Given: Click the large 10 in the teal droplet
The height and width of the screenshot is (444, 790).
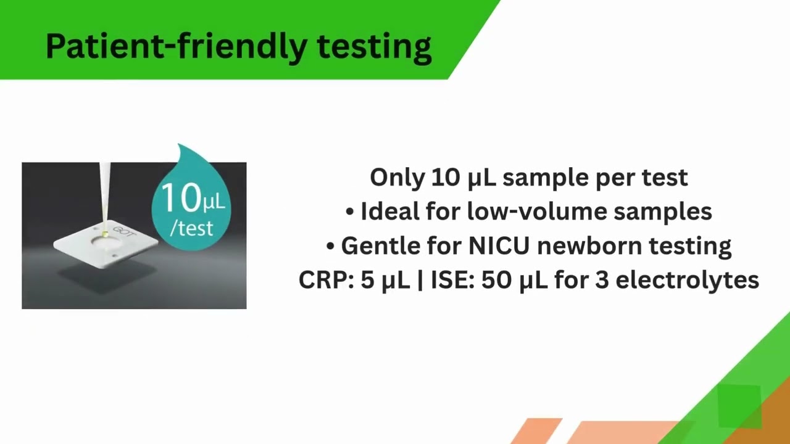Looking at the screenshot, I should pyautogui.click(x=179, y=199).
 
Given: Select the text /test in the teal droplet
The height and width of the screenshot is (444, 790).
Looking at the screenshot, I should pyautogui.click(x=191, y=228).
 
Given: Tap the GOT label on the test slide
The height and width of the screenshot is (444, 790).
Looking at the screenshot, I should pyautogui.click(x=124, y=234).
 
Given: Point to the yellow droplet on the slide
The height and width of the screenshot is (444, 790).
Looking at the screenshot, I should pyautogui.click(x=106, y=234).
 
